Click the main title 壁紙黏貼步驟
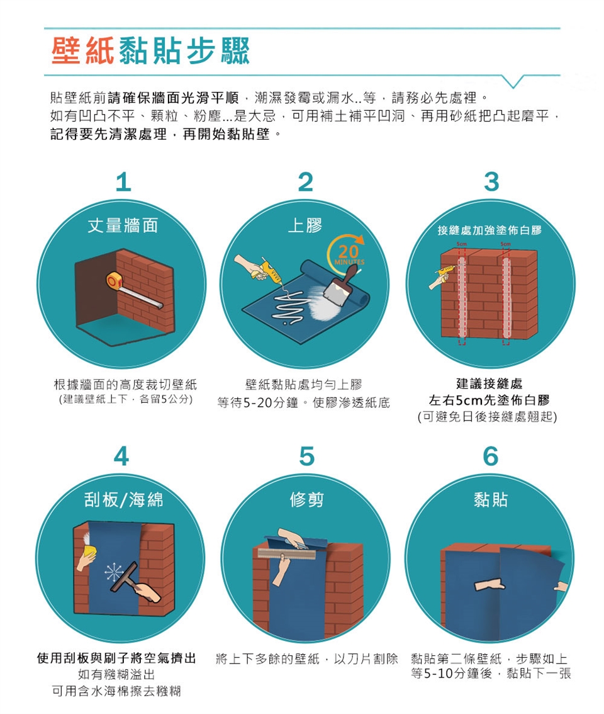point(150,50)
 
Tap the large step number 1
point(123,182)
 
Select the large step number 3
point(491,182)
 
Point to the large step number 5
point(307,456)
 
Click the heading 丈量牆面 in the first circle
point(123,225)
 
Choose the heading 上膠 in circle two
point(305,225)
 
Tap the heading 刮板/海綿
point(123,499)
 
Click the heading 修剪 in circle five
point(307,499)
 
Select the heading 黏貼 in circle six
point(491,499)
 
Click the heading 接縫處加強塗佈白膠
point(489,230)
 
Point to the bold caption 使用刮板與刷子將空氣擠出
point(116,658)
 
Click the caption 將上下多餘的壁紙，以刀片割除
point(307,659)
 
